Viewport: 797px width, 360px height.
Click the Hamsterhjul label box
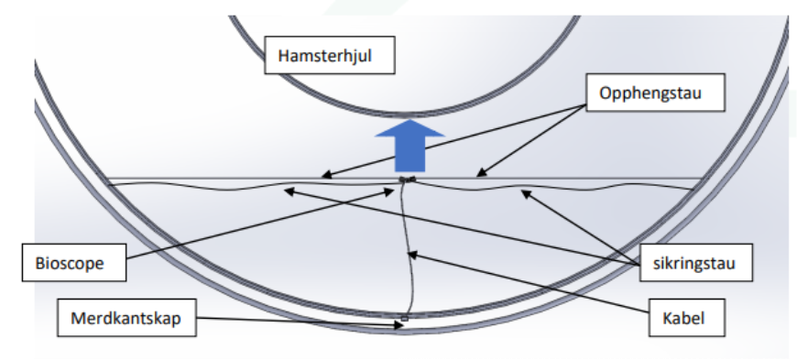click(x=330, y=55)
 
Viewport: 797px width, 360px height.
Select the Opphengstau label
click(x=655, y=93)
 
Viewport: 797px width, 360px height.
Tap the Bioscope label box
click(x=74, y=262)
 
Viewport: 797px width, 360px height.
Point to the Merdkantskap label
click(x=126, y=318)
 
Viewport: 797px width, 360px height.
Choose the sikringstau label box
click(x=696, y=262)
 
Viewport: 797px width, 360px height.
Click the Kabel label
click(x=687, y=318)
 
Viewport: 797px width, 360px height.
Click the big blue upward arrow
click(x=409, y=146)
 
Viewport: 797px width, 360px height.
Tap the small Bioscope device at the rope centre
click(x=408, y=179)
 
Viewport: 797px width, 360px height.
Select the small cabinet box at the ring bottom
click(x=405, y=319)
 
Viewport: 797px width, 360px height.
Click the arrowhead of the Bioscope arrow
click(x=389, y=191)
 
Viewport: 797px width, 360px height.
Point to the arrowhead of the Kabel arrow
click(x=412, y=255)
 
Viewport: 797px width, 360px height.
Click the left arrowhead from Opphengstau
click(x=326, y=176)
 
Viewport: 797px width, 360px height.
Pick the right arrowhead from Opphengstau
click(x=481, y=173)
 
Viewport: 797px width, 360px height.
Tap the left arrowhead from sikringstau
click(x=289, y=191)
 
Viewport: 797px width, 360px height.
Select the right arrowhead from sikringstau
click(x=526, y=193)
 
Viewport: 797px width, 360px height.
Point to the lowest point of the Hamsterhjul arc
click(x=405, y=115)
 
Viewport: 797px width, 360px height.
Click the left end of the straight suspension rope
click(x=106, y=179)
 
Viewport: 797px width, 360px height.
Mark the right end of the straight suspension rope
click(x=703, y=179)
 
